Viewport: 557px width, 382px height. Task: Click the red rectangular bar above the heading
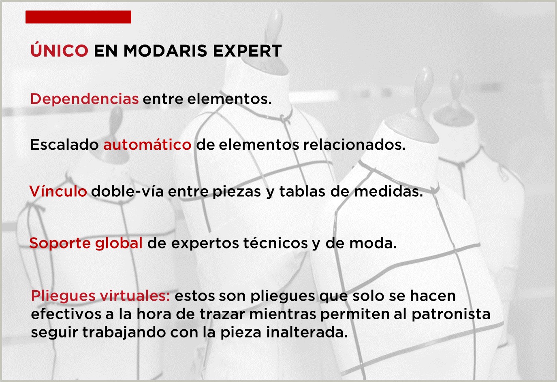click(x=78, y=17)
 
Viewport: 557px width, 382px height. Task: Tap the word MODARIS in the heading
click(x=165, y=51)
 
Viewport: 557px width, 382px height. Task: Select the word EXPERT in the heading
click(x=248, y=51)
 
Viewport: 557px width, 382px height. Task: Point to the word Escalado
click(x=64, y=144)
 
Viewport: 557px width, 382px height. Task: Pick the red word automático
click(x=147, y=144)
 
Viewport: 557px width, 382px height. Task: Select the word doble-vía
click(x=127, y=191)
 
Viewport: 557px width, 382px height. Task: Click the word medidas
click(x=388, y=191)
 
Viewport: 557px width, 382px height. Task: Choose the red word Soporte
click(x=60, y=243)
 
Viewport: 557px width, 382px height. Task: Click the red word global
click(x=119, y=243)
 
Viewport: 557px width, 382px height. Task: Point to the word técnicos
click(x=275, y=243)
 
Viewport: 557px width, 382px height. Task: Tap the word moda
click(x=373, y=243)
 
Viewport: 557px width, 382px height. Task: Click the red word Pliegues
click(x=63, y=296)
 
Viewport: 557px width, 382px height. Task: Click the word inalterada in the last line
click(x=307, y=332)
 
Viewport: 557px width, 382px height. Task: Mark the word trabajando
click(x=124, y=333)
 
